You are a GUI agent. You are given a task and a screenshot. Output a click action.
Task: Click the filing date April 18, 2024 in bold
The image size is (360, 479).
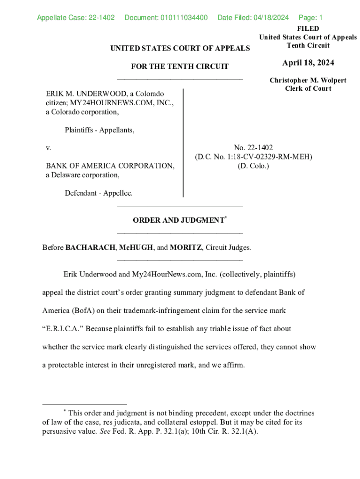[308, 63]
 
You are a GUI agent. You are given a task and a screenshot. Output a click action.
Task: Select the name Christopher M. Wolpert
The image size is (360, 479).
[308, 80]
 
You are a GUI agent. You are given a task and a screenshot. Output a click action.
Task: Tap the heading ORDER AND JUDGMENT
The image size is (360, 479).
[178, 220]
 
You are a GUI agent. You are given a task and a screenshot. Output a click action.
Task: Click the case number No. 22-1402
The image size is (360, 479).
[253, 148]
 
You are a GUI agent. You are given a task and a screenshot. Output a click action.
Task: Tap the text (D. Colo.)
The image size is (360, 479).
[253, 166]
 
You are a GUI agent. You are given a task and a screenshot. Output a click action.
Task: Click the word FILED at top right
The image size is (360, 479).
[308, 29]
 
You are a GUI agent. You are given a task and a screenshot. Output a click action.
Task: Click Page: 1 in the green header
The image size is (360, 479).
[310, 18]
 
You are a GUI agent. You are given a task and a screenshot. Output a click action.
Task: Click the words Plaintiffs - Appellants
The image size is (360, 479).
[100, 130]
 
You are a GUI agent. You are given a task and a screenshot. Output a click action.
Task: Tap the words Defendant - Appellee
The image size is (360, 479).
[99, 193]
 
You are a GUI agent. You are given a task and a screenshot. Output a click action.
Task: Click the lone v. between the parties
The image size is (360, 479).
[48, 148]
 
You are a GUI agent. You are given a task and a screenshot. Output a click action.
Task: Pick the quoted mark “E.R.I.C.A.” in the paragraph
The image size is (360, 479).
[63, 329]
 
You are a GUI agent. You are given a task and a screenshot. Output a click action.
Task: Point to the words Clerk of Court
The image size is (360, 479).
[308, 89]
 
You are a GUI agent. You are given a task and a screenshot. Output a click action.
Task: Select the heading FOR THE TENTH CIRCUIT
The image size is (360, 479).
[180, 66]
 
